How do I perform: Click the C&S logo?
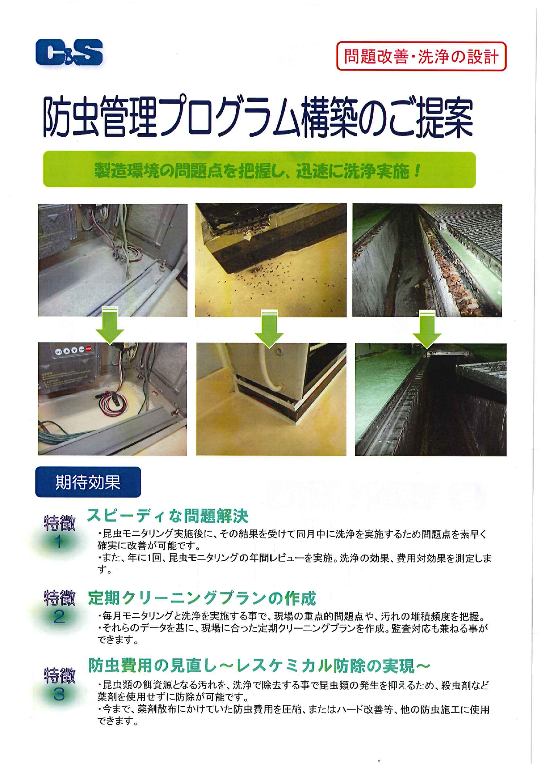69,52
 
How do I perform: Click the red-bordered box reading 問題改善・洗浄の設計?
421,57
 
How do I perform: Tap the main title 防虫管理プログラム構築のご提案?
258,116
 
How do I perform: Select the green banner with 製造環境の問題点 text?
259,170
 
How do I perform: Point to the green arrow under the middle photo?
269,329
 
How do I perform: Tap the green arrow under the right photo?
427,329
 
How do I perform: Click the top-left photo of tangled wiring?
112,260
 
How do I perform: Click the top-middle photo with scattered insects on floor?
271,260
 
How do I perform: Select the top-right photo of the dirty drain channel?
427,260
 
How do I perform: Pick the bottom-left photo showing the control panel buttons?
112,399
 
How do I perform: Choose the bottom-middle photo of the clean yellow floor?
271,399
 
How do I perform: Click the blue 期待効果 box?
88,482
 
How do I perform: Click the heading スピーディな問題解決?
167,516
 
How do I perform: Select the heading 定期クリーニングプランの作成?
201,598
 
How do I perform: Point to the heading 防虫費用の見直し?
259,665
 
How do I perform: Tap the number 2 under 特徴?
59,617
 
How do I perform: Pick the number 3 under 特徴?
59,694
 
